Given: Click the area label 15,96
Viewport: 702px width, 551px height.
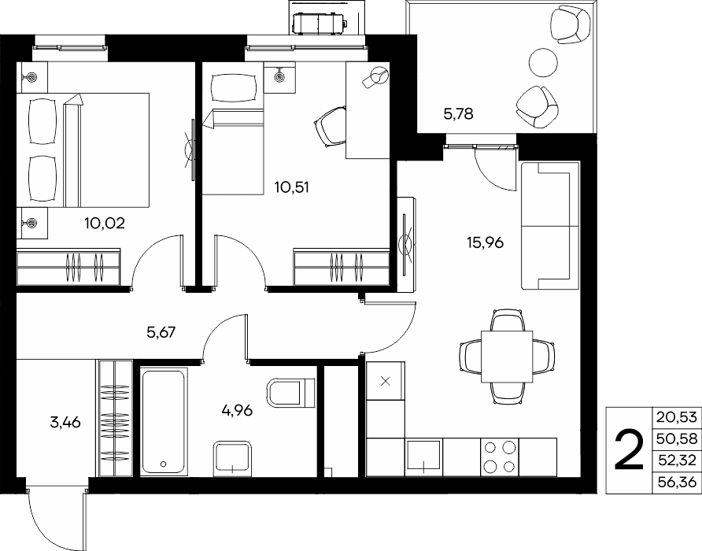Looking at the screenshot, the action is pos(485,242).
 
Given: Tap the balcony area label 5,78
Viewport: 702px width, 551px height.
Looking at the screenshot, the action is pos(458,114).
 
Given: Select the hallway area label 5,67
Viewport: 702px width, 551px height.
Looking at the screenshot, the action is pos(161,332).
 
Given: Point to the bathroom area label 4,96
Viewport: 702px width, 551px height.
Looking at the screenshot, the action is pos(237,409).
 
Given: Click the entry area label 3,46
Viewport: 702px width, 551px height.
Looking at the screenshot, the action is pos(65,422).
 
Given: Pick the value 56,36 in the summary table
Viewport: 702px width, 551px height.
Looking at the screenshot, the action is pos(677,482).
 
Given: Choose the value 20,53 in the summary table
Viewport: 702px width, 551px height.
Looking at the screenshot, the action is pos(677,417).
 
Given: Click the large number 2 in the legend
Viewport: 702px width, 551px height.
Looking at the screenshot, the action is pos(629,450).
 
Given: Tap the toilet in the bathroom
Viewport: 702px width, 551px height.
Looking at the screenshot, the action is pos(291,393).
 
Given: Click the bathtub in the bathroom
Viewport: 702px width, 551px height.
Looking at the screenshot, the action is pos(163,422).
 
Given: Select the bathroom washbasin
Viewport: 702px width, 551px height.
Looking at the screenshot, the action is pos(232,458).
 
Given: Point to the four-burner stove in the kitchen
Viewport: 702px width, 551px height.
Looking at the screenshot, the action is pos(500,457).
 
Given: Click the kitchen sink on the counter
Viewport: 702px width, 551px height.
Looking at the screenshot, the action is pos(424,456).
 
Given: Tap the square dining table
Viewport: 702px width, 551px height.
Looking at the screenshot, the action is pos(507,357).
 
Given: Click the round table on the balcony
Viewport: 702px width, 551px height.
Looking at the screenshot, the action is pos(544,62).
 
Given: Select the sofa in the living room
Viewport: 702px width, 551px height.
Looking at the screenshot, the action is pos(551,226).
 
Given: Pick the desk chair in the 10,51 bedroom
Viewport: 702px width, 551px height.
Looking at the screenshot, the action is pos(331,127).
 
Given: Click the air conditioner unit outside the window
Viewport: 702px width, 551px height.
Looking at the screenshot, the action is pos(318,22).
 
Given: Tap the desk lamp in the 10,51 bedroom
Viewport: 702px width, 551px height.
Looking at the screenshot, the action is pos(375,77).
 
